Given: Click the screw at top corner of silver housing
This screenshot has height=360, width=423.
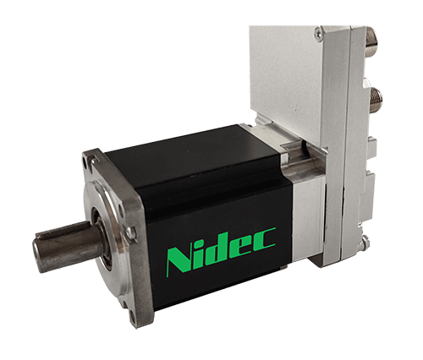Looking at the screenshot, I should tap(318, 34).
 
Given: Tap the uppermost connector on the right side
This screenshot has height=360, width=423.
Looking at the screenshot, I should tap(373, 35).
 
